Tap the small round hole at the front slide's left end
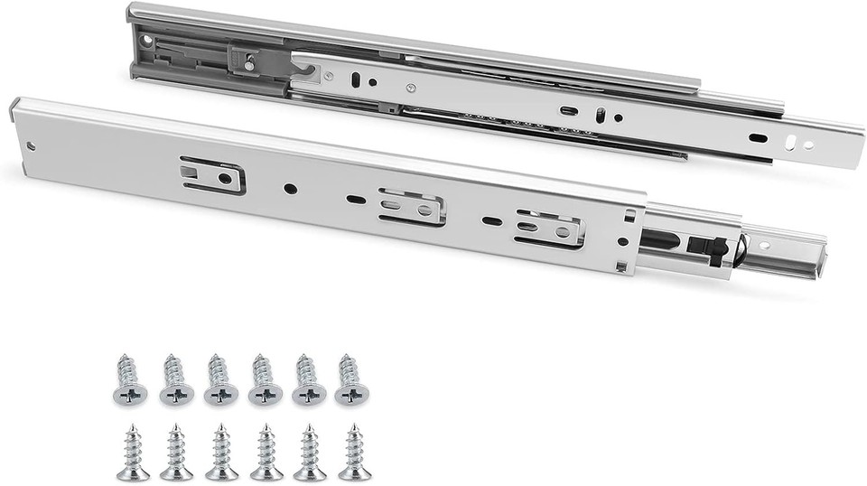click(31, 146)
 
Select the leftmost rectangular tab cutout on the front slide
click(213, 174)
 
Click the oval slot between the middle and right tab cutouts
click(492, 220)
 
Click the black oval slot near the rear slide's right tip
click(758, 138)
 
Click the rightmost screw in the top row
click(351, 379)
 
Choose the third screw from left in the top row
click(220, 379)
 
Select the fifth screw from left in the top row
click(309, 379)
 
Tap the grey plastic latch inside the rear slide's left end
click(254, 60)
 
